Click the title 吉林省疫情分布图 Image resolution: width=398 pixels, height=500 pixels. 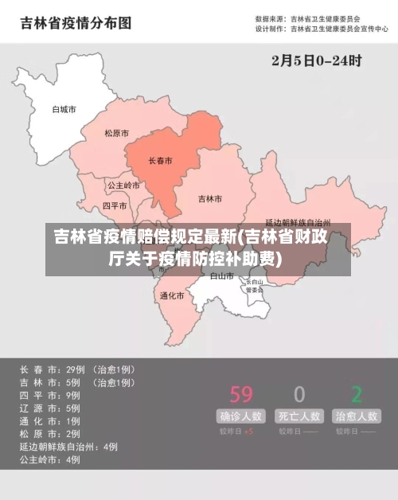point(75,23)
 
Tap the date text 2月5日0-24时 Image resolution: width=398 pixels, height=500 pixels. point(317,60)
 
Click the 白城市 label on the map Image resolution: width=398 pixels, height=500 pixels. point(64,109)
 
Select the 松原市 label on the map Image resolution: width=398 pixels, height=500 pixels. point(116,134)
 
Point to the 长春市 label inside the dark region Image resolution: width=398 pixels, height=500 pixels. point(161,161)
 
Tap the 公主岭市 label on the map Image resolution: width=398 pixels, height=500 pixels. point(123,186)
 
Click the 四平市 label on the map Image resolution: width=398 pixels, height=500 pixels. point(115,205)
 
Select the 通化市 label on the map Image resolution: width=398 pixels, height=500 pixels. point(171,295)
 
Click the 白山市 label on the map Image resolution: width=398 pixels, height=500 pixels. point(221,276)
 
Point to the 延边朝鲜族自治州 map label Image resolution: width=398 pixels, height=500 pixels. point(297,223)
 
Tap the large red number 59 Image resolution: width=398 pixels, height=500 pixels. point(241,393)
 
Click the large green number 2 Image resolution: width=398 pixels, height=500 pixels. point(357,393)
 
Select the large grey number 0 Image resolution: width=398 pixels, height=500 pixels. point(299,393)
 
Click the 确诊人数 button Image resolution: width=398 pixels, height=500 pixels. point(241,416)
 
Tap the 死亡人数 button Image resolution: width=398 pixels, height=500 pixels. point(299,416)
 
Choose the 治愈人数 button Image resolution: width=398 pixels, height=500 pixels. point(357,416)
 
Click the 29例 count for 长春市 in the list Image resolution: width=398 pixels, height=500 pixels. point(75,369)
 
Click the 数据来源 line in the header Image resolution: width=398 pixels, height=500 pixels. point(307,18)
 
